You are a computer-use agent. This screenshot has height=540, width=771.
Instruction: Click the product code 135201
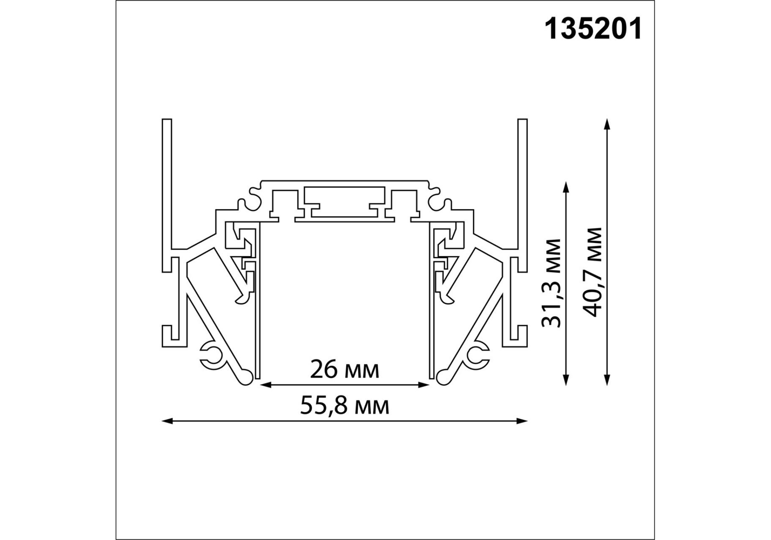(593, 30)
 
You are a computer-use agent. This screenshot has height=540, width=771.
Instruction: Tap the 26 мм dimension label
(345, 370)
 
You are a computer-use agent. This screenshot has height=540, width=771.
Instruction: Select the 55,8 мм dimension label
(345, 406)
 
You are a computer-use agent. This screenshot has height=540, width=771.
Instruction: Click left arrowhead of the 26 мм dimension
(265, 385)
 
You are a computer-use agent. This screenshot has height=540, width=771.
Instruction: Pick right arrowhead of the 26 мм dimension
(424, 385)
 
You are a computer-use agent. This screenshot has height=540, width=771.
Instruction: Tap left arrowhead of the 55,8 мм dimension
(167, 421)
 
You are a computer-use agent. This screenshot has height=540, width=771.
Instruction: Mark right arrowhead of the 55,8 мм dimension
(522, 421)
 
